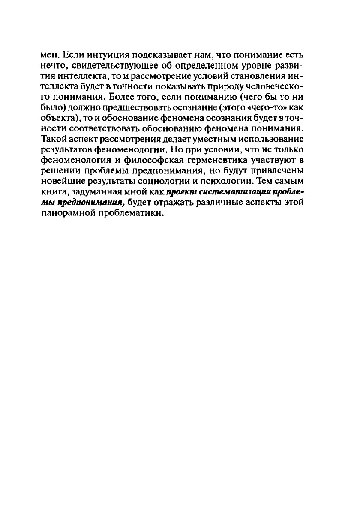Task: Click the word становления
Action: (243, 76)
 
